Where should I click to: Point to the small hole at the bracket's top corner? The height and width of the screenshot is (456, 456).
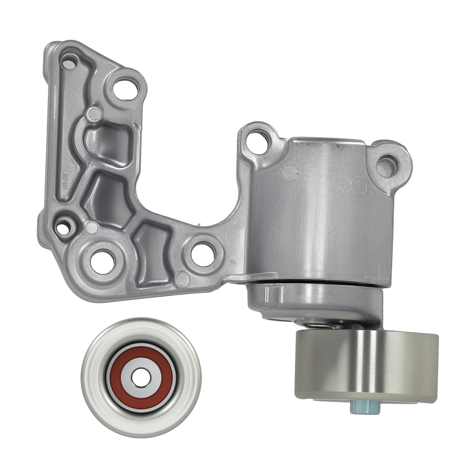click(x=69, y=62)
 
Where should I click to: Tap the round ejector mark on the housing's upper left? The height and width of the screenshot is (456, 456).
click(x=290, y=172)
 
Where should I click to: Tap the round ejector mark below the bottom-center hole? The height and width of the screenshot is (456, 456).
click(x=182, y=279)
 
